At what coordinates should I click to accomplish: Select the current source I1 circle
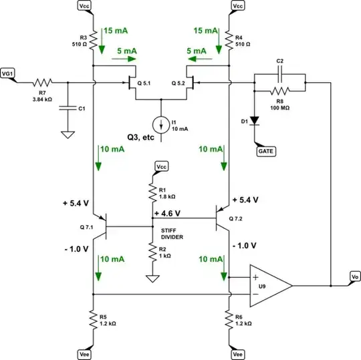[160, 124]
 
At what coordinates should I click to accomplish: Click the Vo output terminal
[354, 275]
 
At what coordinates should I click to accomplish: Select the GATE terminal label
[269, 152]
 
